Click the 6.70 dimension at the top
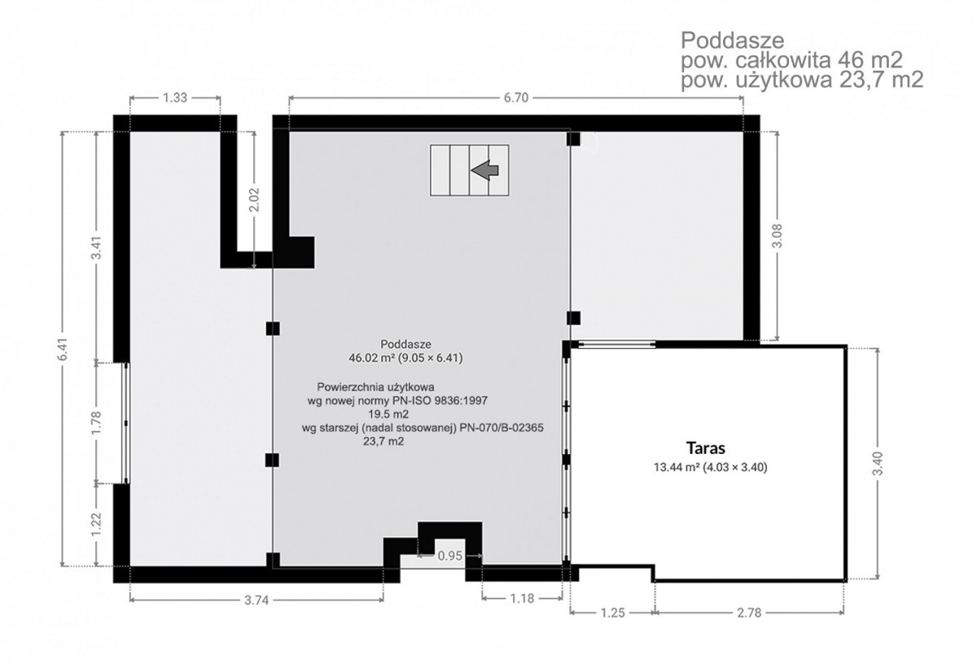pyautogui.click(x=516, y=98)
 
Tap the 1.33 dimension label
pyautogui.click(x=175, y=98)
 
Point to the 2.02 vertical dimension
pyautogui.click(x=254, y=199)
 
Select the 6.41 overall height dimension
pyautogui.click(x=64, y=348)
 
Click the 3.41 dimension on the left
pyautogui.click(x=96, y=247)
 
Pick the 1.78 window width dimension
pyautogui.click(x=96, y=422)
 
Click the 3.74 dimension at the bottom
pyautogui.click(x=256, y=601)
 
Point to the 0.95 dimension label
pyautogui.click(x=449, y=556)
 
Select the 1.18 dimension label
pyautogui.click(x=522, y=599)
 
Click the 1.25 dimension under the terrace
pyautogui.click(x=613, y=613)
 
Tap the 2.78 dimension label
pyautogui.click(x=749, y=613)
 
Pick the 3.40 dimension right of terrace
pyautogui.click(x=878, y=464)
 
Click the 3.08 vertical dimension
pyautogui.click(x=778, y=236)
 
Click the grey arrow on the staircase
pyautogui.click(x=485, y=169)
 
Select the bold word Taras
pyautogui.click(x=706, y=448)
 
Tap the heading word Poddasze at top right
pyautogui.click(x=733, y=41)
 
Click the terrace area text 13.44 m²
pyautogui.click(x=677, y=467)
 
